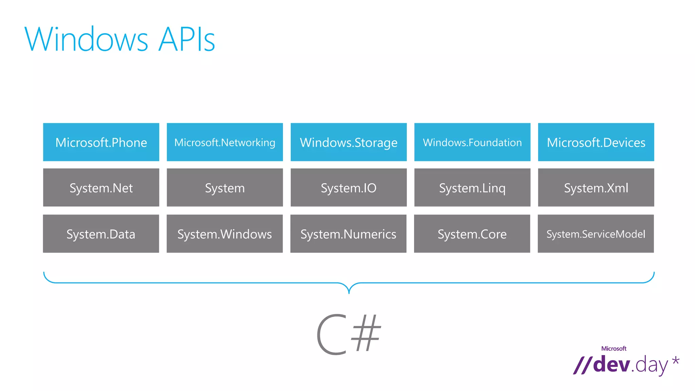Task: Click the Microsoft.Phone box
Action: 101,142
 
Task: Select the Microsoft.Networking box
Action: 225,142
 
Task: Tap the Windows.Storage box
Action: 349,142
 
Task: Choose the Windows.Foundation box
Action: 472,142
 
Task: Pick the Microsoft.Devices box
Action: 596,142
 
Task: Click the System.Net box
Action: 101,188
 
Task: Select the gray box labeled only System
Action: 225,188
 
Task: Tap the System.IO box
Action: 349,188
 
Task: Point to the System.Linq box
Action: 472,188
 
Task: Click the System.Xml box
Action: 596,188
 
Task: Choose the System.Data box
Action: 101,234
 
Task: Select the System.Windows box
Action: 224,234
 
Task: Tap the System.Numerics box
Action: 348,234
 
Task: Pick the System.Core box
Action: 472,234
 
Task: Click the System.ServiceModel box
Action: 596,234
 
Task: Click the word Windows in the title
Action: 87,39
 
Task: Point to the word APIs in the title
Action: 187,39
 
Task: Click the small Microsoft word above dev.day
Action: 614,349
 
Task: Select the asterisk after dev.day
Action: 676,361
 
